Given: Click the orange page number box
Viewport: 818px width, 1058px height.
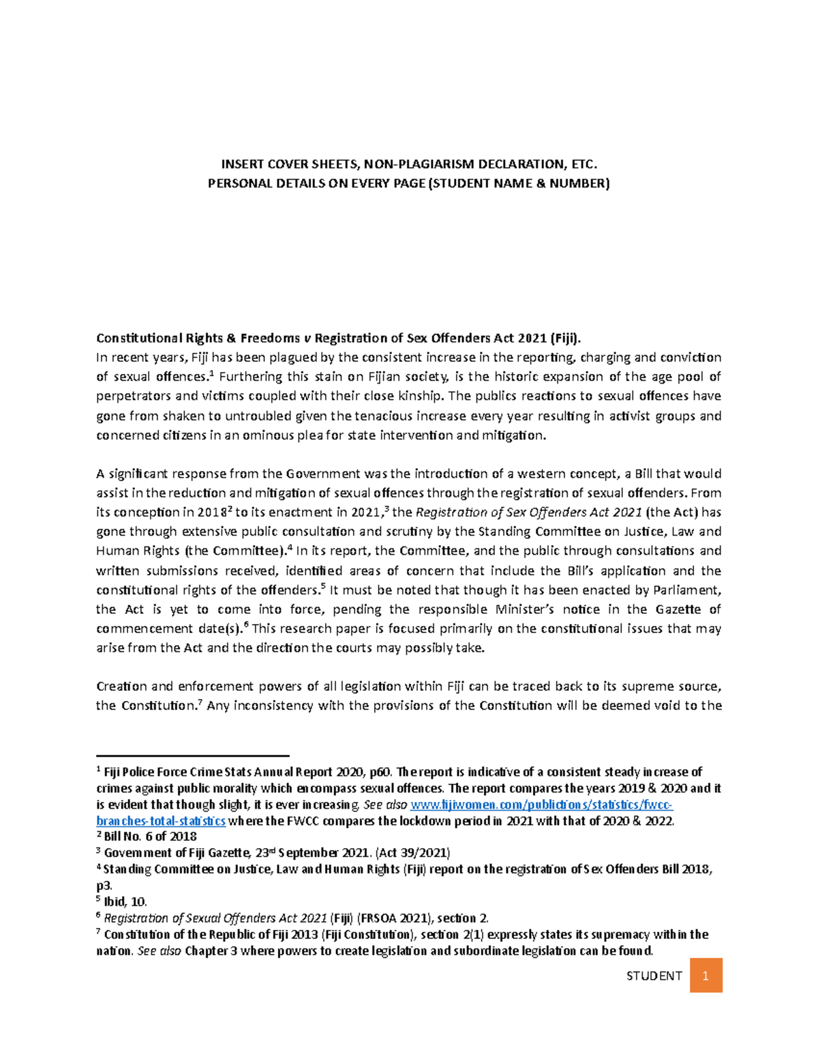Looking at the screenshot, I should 706,976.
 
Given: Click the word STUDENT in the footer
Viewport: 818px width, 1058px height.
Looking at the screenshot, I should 654,976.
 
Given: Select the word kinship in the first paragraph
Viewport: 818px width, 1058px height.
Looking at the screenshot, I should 421,396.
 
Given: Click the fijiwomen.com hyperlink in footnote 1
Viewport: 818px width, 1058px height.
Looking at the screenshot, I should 543,805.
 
